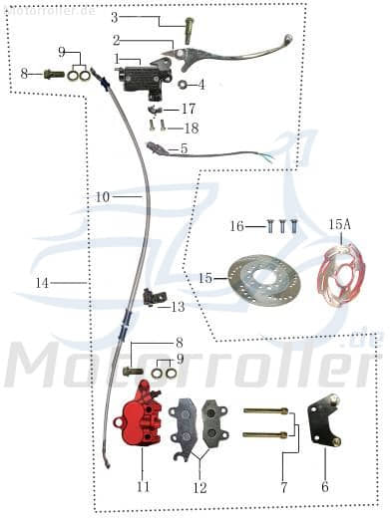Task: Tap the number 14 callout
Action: point(41,283)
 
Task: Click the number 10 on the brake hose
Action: point(103,197)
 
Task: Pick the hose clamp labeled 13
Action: point(152,296)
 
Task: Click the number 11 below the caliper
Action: point(143,488)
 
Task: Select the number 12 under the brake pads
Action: point(199,488)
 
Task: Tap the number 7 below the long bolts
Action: point(283,488)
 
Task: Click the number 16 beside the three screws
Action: point(236,226)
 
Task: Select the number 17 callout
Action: point(189,108)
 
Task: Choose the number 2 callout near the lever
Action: point(116,41)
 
